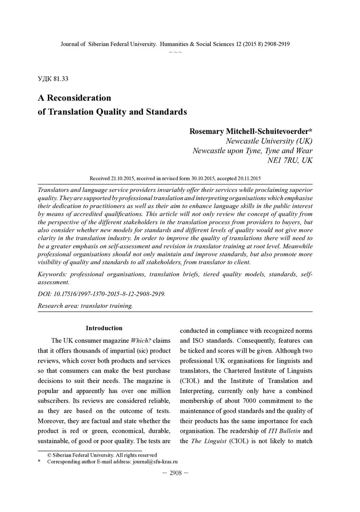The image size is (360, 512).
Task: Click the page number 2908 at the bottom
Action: (x=176, y=473)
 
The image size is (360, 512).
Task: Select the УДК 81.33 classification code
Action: (x=55, y=78)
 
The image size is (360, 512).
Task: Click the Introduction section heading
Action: (x=104, y=328)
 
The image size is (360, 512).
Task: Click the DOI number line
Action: (x=101, y=294)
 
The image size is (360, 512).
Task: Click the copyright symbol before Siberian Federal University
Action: (x=49, y=455)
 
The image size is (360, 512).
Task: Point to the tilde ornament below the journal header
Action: (x=175, y=51)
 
